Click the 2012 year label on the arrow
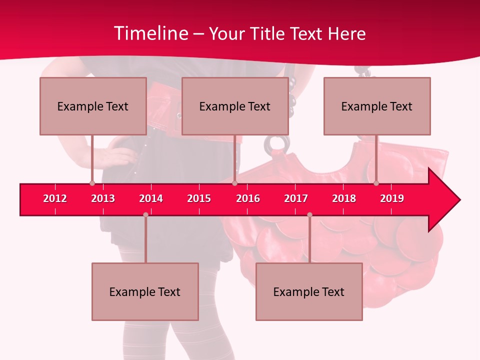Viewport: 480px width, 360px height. click(55, 198)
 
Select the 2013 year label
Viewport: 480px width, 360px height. click(103, 198)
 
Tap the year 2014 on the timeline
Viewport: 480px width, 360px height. click(151, 198)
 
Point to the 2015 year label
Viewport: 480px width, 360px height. click(199, 198)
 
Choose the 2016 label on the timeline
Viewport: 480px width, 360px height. click(248, 198)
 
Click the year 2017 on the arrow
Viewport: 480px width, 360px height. click(296, 198)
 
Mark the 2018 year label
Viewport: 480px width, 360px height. click(344, 198)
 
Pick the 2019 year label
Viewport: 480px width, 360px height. click(392, 198)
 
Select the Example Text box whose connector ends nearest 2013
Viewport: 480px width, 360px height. click(93, 106)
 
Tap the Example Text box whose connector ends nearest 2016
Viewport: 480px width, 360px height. click(235, 106)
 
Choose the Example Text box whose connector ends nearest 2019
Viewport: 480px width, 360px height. click(377, 106)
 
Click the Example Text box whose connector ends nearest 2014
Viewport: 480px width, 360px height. click(145, 291)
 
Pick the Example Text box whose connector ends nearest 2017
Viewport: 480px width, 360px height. click(309, 291)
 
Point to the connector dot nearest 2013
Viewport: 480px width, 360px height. click(92, 183)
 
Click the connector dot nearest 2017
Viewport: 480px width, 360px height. click(309, 215)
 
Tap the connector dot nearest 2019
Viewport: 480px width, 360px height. click(376, 183)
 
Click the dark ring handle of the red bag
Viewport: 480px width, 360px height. click(276, 144)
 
